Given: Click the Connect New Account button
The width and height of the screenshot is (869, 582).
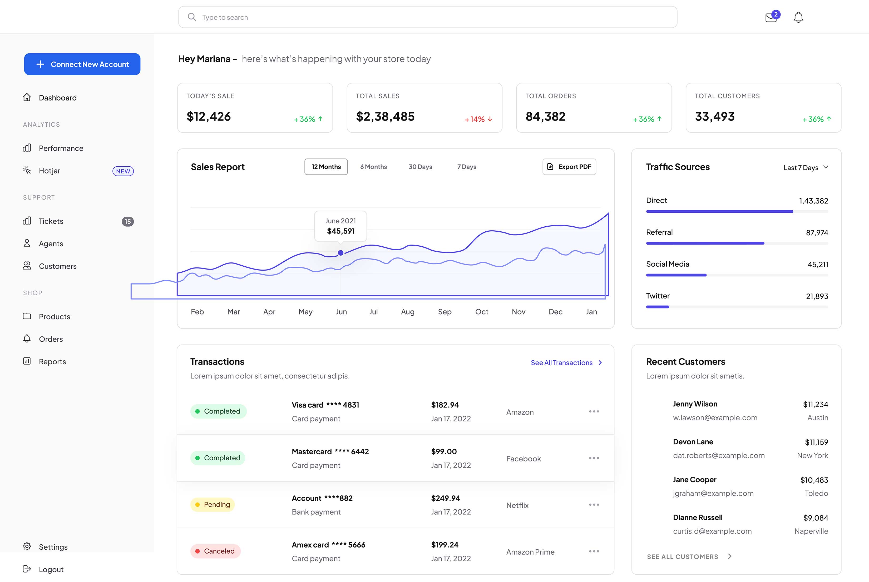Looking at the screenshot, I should (x=82, y=64).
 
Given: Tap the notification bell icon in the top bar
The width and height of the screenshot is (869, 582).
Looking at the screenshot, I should (x=798, y=17).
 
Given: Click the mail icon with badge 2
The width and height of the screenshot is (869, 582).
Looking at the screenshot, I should (x=771, y=17).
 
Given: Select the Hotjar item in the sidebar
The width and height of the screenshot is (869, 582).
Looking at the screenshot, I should (x=49, y=171).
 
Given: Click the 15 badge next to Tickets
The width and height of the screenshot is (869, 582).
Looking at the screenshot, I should (x=128, y=222).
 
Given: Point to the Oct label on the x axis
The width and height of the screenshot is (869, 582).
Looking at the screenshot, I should (x=481, y=312).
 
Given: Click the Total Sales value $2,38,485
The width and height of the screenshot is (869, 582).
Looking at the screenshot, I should (x=385, y=117).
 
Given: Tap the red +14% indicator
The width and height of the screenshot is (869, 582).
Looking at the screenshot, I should (x=478, y=119).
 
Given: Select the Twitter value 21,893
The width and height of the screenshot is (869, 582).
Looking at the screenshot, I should (x=817, y=296).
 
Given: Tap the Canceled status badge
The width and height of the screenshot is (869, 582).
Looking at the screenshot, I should (x=215, y=551).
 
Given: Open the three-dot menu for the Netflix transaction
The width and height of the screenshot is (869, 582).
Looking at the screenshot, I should (x=594, y=505).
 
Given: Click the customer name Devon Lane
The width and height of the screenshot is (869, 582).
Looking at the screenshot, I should (x=693, y=442).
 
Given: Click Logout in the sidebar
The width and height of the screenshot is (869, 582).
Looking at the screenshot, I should (x=51, y=569).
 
